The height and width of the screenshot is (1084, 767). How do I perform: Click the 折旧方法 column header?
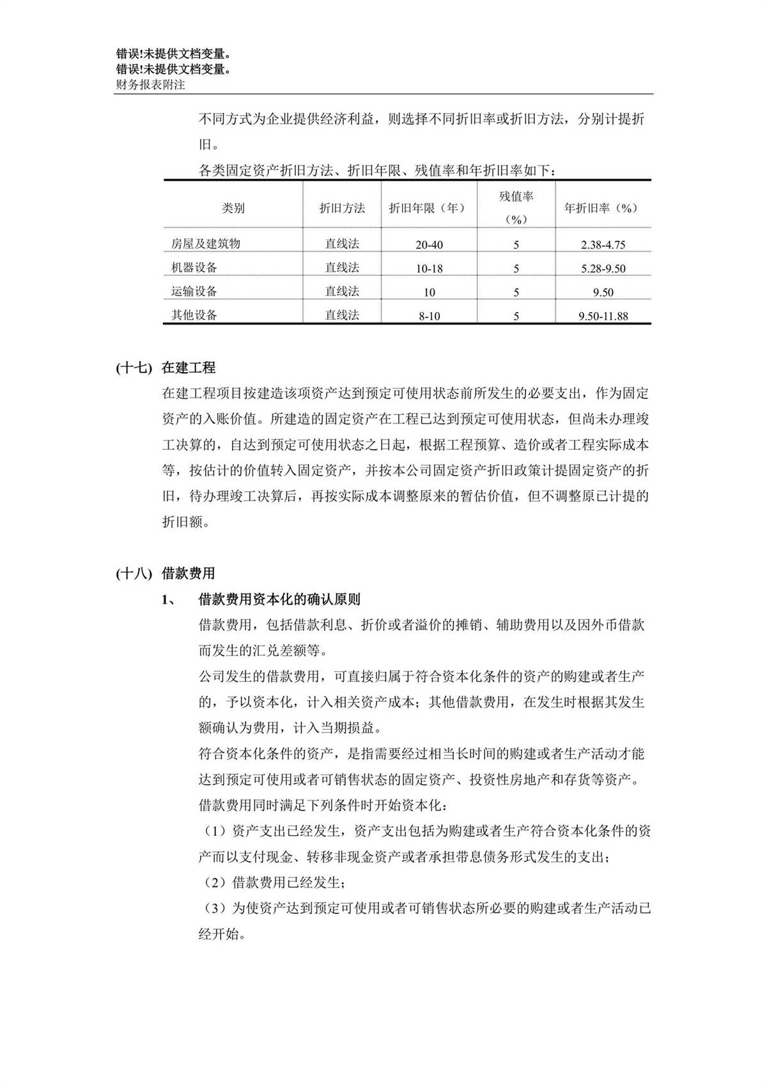[x=342, y=208]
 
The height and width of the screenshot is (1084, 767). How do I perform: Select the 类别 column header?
[x=233, y=208]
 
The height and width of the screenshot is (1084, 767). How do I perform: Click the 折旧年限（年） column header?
[x=428, y=208]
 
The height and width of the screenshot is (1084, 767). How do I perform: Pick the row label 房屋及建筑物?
[x=206, y=244]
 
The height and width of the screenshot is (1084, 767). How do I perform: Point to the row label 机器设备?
[x=194, y=267]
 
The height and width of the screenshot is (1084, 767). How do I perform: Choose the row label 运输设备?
[x=194, y=291]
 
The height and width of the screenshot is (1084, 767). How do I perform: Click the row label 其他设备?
[x=194, y=315]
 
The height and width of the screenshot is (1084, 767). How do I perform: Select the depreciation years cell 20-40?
[x=429, y=245]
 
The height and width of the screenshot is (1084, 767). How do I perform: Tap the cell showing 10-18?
[x=429, y=268]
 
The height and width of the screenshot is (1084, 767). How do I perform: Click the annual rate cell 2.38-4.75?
[x=603, y=245]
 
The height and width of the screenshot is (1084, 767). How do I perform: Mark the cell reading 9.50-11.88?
[x=603, y=316]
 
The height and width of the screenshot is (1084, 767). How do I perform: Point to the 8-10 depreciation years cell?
[x=429, y=316]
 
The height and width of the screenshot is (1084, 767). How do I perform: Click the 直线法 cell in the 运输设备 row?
[x=342, y=291]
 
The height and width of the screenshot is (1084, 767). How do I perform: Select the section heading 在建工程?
[x=189, y=368]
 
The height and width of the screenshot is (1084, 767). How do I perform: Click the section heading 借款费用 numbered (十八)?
[x=189, y=573]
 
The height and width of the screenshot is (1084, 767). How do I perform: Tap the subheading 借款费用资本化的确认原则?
[x=279, y=600]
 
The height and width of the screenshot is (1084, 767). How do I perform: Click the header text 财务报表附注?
[x=150, y=84]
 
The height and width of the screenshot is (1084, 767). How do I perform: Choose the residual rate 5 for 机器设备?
[x=516, y=268]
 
